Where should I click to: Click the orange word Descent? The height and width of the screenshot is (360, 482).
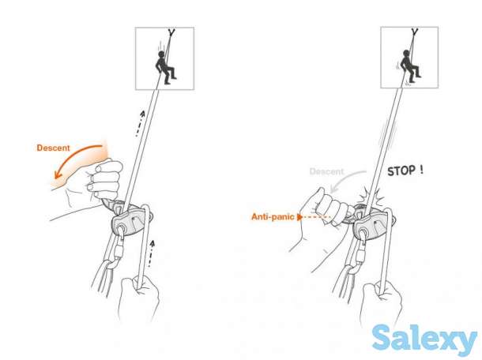54,148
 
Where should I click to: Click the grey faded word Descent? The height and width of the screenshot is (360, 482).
326,171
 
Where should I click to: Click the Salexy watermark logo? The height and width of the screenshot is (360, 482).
424,339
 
